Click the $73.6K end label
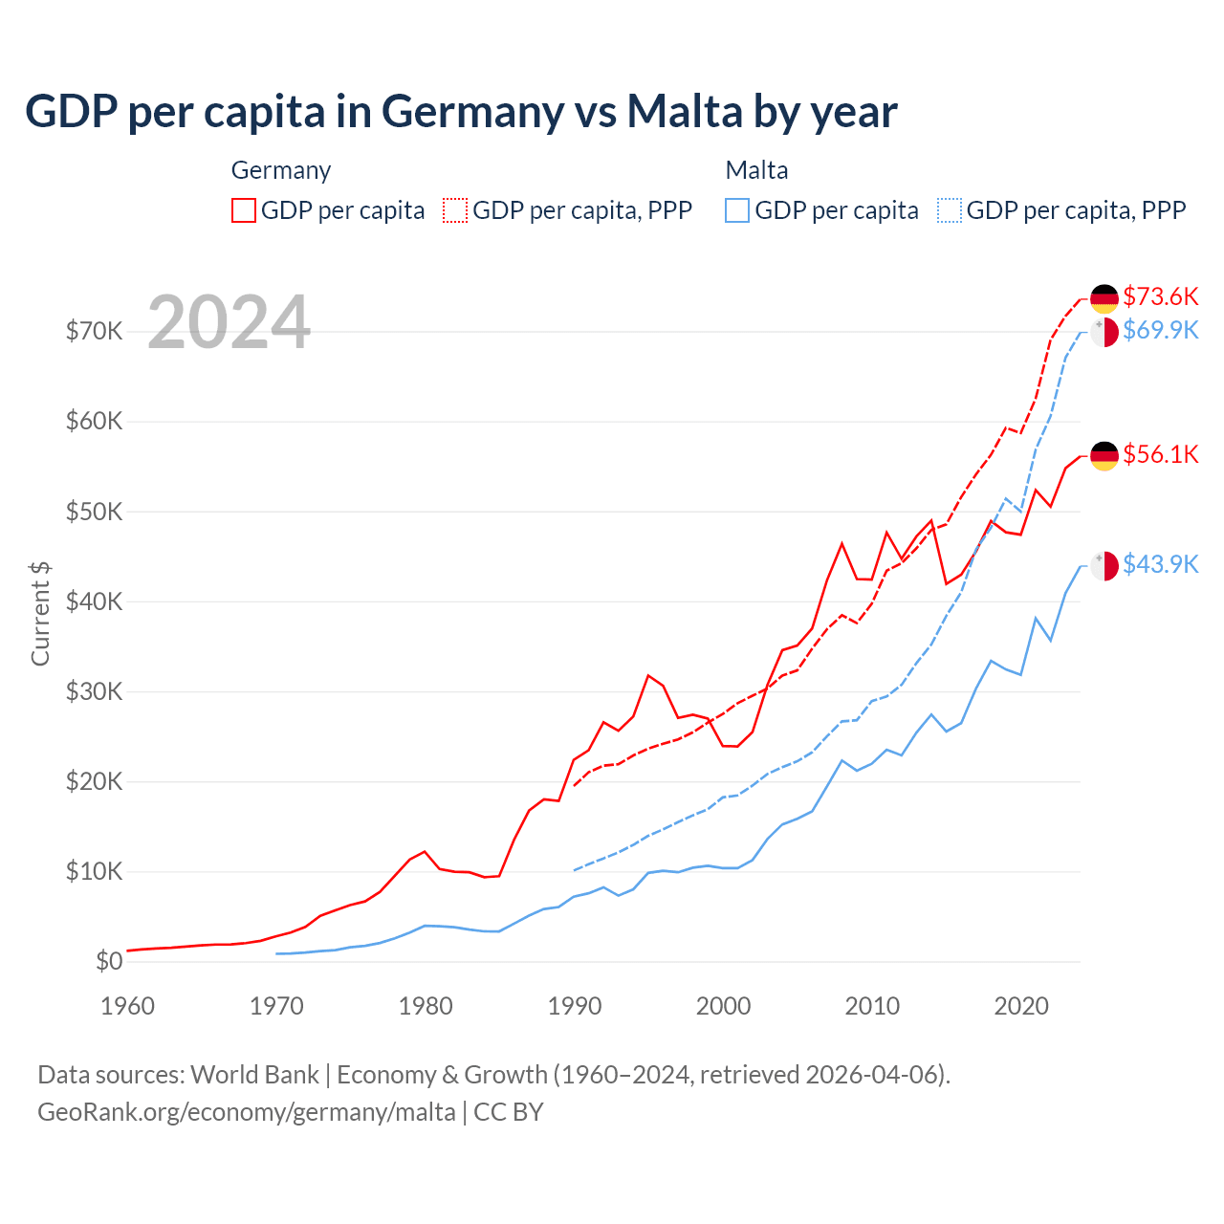tap(1160, 296)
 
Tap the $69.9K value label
tap(1160, 331)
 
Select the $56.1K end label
tap(1160, 455)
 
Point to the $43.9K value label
tap(1160, 565)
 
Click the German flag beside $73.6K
tap(1104, 299)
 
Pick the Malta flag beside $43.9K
tap(1104, 566)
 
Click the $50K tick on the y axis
tap(94, 512)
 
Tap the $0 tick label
tap(109, 962)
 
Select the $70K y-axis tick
tap(94, 332)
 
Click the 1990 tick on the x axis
tap(575, 1006)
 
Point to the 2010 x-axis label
tap(872, 1006)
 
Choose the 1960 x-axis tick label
tap(128, 1006)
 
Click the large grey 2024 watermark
tap(229, 322)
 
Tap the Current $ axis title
tap(40, 614)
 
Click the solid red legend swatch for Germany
tap(244, 210)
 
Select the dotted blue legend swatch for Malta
tap(950, 210)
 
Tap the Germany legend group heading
tap(281, 170)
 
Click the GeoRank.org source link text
tap(247, 1112)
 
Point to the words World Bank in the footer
tap(254, 1075)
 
